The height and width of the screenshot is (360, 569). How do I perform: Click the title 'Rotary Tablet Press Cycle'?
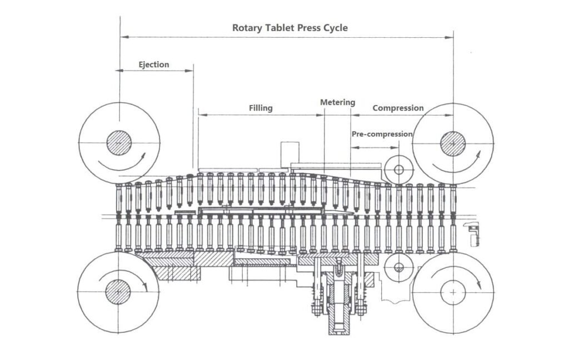point(290,28)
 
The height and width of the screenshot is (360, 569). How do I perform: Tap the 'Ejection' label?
point(153,64)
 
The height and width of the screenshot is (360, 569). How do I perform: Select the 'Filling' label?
point(261,108)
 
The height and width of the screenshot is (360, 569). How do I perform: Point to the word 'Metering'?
point(337,103)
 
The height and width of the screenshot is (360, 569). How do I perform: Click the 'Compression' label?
point(398,108)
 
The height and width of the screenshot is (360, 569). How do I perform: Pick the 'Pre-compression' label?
point(382,134)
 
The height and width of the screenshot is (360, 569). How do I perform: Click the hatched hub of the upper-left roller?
point(119,143)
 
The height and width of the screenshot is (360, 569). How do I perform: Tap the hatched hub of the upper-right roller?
point(453,143)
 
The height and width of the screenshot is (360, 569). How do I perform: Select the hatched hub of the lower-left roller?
point(118,291)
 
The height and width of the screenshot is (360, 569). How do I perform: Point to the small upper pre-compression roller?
point(398,169)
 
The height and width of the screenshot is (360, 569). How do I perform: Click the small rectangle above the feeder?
point(290,152)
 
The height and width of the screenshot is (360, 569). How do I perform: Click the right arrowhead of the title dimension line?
point(450,37)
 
